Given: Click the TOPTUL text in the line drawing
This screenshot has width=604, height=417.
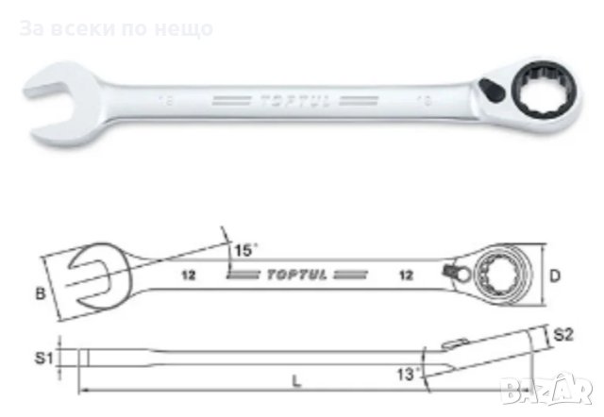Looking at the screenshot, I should pyautogui.click(x=293, y=276).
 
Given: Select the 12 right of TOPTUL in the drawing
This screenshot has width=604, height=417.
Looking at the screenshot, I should pyautogui.click(x=408, y=276).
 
